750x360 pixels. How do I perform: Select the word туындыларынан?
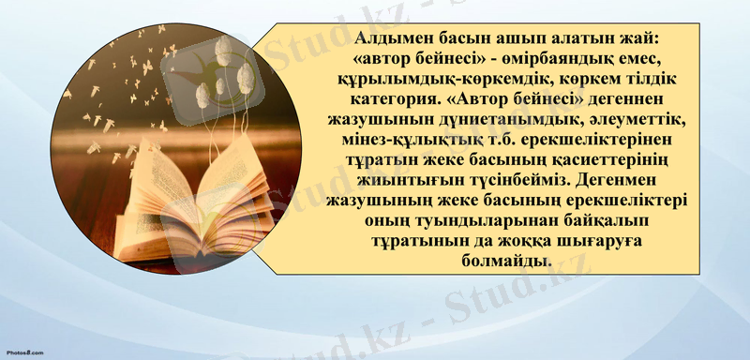point(476,219)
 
